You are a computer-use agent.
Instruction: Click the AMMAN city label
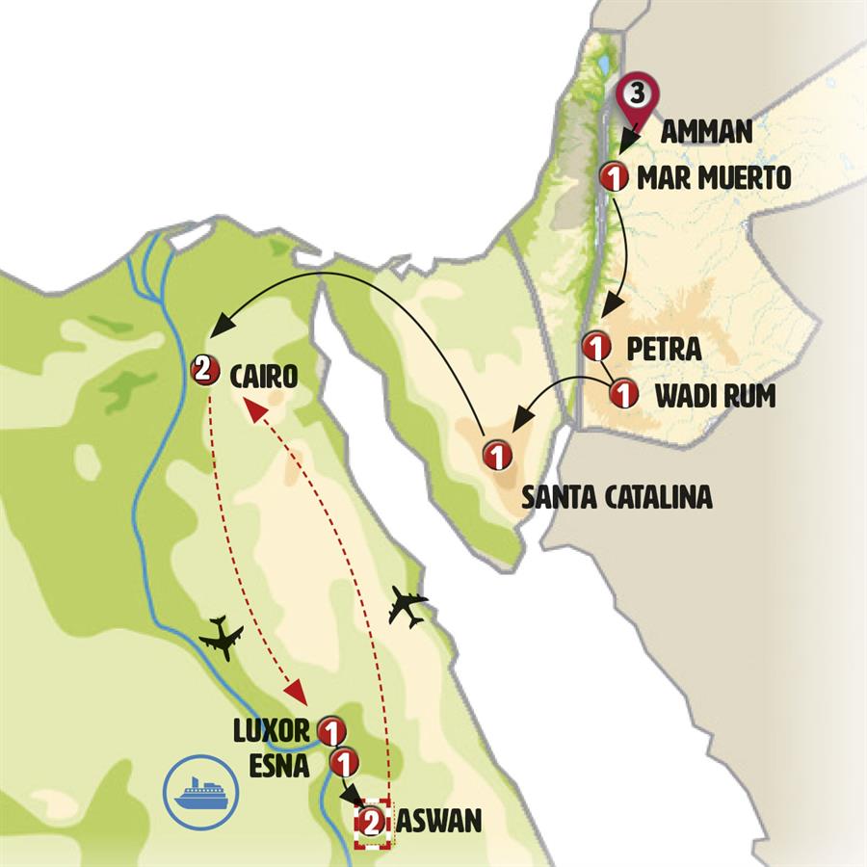point(706,133)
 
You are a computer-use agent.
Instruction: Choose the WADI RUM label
point(715,395)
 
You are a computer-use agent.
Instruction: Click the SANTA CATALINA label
point(617,497)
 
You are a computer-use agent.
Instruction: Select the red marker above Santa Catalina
point(497,455)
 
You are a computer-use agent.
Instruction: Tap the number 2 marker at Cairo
point(205,369)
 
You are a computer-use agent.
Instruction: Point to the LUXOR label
point(273,730)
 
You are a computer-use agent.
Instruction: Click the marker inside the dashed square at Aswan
point(372,823)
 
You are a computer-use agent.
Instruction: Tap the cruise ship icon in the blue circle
point(199,794)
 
